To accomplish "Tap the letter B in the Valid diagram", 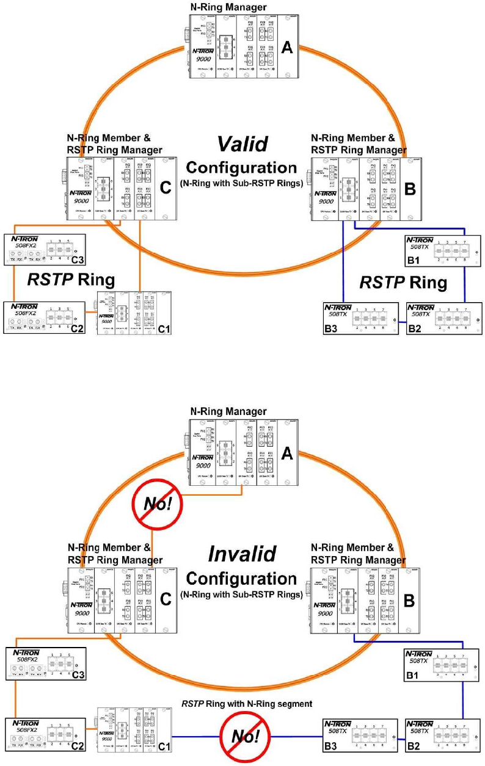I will click(x=410, y=188).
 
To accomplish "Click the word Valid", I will click(x=242, y=145).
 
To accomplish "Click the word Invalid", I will click(x=242, y=554).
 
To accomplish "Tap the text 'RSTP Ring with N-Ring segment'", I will click(x=247, y=704).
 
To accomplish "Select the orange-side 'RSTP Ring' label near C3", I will click(x=71, y=280).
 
